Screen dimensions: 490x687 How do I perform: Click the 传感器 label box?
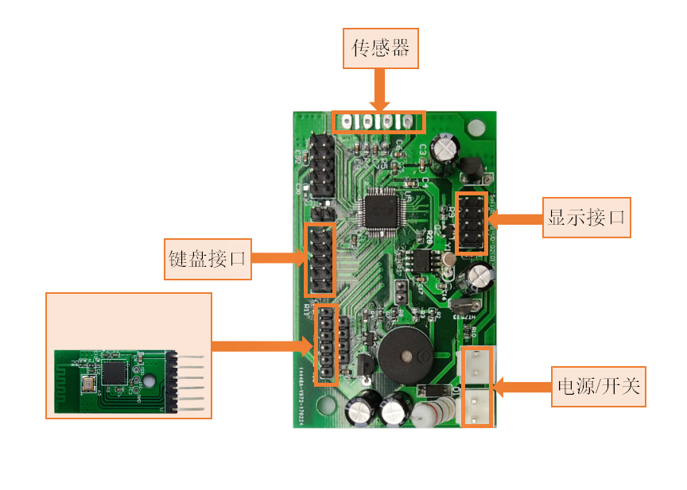click(x=381, y=48)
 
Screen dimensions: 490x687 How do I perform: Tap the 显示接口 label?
click(x=587, y=217)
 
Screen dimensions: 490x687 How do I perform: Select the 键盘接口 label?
click(x=208, y=259)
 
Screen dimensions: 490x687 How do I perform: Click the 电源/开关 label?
click(x=598, y=387)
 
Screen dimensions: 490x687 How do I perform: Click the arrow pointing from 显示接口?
click(x=514, y=218)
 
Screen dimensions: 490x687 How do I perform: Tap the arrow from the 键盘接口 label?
click(x=278, y=258)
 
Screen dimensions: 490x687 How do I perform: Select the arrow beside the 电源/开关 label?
click(x=522, y=387)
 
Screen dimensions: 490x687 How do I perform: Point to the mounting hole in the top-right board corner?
click(x=476, y=127)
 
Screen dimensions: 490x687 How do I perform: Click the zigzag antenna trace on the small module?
click(x=66, y=381)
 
